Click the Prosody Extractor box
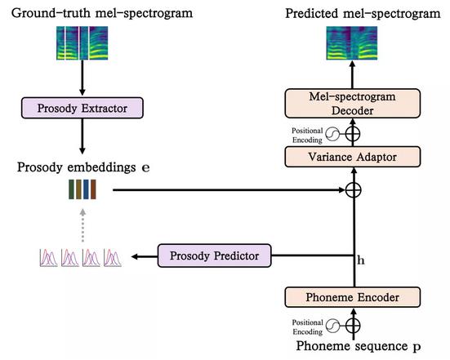tap(82, 108)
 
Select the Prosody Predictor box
tap(214, 256)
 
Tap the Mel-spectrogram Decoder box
tap(353, 104)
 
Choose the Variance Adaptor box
tap(353, 157)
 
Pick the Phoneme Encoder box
tap(353, 297)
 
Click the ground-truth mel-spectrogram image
tap(82, 43)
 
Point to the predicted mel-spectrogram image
tap(352, 43)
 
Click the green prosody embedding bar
tap(71, 189)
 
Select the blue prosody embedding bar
tap(86, 189)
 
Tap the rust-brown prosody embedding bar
tap(93, 189)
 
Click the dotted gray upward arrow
tap(82, 225)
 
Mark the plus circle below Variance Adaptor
tap(353, 190)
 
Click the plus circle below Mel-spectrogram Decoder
tap(353, 134)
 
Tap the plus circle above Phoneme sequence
tap(353, 325)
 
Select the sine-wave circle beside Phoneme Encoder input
tap(333, 326)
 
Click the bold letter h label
tap(361, 260)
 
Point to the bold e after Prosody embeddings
tap(146, 168)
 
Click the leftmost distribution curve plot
tap(48, 258)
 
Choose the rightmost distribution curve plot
tap(113, 258)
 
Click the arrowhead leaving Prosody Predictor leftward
tap(136, 256)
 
